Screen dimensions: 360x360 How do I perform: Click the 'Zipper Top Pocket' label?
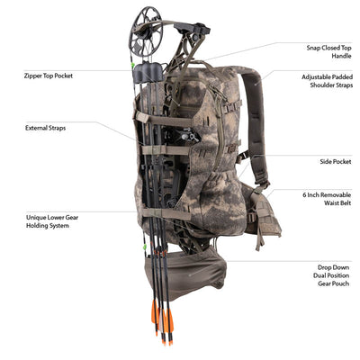[x=49, y=76]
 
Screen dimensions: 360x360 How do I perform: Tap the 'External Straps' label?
[x=45, y=128]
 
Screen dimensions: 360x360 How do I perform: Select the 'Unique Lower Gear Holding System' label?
[x=52, y=221]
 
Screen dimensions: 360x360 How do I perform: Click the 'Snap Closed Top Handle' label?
[x=328, y=51]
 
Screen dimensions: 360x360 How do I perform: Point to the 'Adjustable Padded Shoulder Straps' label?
[x=327, y=81]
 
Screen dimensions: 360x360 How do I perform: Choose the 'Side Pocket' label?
[x=336, y=162]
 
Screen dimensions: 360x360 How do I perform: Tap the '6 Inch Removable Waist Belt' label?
[x=327, y=199]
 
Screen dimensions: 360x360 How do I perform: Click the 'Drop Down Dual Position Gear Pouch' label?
[x=331, y=275]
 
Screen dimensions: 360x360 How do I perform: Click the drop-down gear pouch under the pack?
[x=185, y=273]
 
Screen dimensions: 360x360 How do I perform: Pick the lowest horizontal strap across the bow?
[x=166, y=213]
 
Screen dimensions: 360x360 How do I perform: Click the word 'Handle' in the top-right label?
[x=341, y=56]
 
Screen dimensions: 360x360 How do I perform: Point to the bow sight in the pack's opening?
[x=186, y=136]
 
